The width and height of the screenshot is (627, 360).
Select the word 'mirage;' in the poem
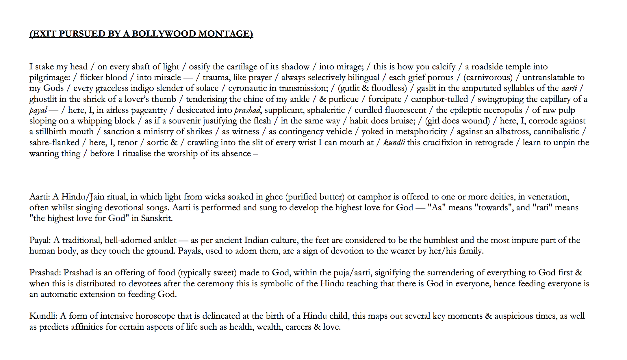[341, 67]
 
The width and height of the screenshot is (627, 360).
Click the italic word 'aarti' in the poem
[569, 88]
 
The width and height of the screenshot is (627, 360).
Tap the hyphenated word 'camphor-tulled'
[439, 99]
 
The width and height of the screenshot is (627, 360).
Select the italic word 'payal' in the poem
[38, 110]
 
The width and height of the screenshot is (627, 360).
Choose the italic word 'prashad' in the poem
[247, 110]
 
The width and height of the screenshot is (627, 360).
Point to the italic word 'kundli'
[394, 143]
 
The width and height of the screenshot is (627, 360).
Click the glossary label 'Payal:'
[40, 240]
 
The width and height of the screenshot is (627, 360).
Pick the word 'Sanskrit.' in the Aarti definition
[157, 218]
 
